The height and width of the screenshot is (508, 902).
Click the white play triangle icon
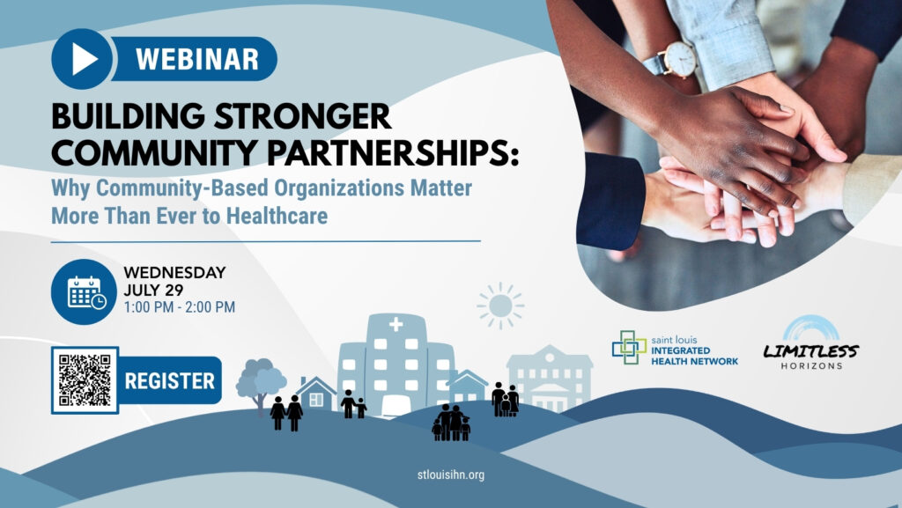coord(84,59)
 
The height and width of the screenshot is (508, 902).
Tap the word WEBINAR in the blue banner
coord(197,59)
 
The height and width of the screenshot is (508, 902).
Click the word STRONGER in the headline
coord(303,117)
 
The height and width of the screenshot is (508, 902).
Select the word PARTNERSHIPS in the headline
coord(393,152)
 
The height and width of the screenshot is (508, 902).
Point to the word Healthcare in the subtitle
coord(277,216)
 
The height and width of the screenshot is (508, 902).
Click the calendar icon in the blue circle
coord(86,292)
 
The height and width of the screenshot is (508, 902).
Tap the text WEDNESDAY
coord(174,272)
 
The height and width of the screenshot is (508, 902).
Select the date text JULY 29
coord(153,290)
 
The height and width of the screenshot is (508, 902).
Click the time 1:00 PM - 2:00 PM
coord(180,307)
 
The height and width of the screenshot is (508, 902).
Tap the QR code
coord(85,380)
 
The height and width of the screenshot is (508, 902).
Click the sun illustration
coord(500,306)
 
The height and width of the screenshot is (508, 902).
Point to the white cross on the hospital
coord(396,325)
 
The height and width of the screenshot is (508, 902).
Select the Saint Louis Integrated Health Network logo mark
coord(629,347)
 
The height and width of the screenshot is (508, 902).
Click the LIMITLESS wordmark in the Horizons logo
coord(810,350)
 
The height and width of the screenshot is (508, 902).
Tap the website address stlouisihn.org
coord(451,475)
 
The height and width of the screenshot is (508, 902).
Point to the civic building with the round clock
coord(550,377)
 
